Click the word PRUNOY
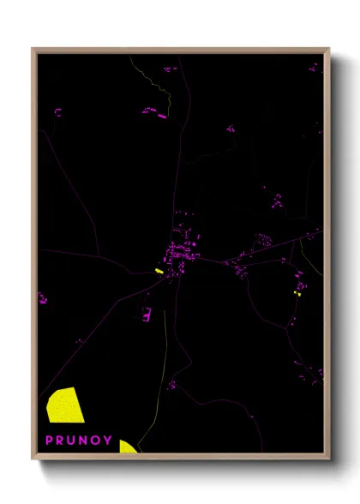pyautogui.click(x=78, y=441)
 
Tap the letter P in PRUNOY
pyautogui.click(x=49, y=441)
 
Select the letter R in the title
pyautogui.click(x=61, y=441)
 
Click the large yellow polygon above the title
pyautogui.click(x=63, y=405)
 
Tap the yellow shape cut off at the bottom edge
pyautogui.click(x=127, y=446)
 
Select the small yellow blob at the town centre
pyautogui.click(x=159, y=271)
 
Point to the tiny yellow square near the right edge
pyautogui.click(x=297, y=293)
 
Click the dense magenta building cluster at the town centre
pyautogui.click(x=181, y=249)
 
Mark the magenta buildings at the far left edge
pyautogui.click(x=42, y=299)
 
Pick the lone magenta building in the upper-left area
pyautogui.click(x=58, y=111)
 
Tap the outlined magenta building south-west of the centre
pyautogui.click(x=147, y=314)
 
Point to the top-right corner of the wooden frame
pyautogui.click(x=328, y=50)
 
